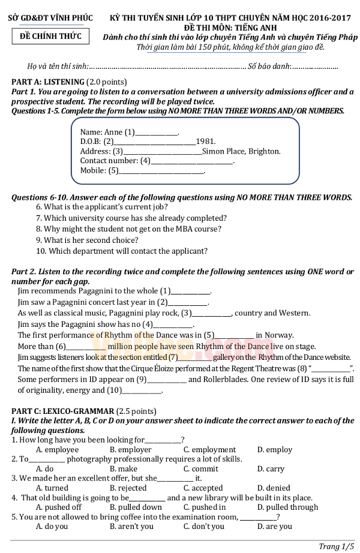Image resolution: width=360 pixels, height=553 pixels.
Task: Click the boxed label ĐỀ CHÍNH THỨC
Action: click(x=51, y=37)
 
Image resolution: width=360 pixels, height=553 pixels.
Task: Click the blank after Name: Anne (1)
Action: click(x=157, y=133)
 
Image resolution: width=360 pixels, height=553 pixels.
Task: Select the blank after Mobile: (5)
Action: click(x=163, y=171)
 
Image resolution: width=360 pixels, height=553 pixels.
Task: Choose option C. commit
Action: click(x=200, y=468)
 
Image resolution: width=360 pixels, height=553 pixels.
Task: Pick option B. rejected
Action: click(x=128, y=488)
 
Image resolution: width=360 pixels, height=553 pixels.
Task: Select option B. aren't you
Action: click(x=131, y=526)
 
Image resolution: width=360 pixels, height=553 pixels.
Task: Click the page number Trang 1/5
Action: click(x=336, y=545)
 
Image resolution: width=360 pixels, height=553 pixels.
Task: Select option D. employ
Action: click(x=274, y=449)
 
